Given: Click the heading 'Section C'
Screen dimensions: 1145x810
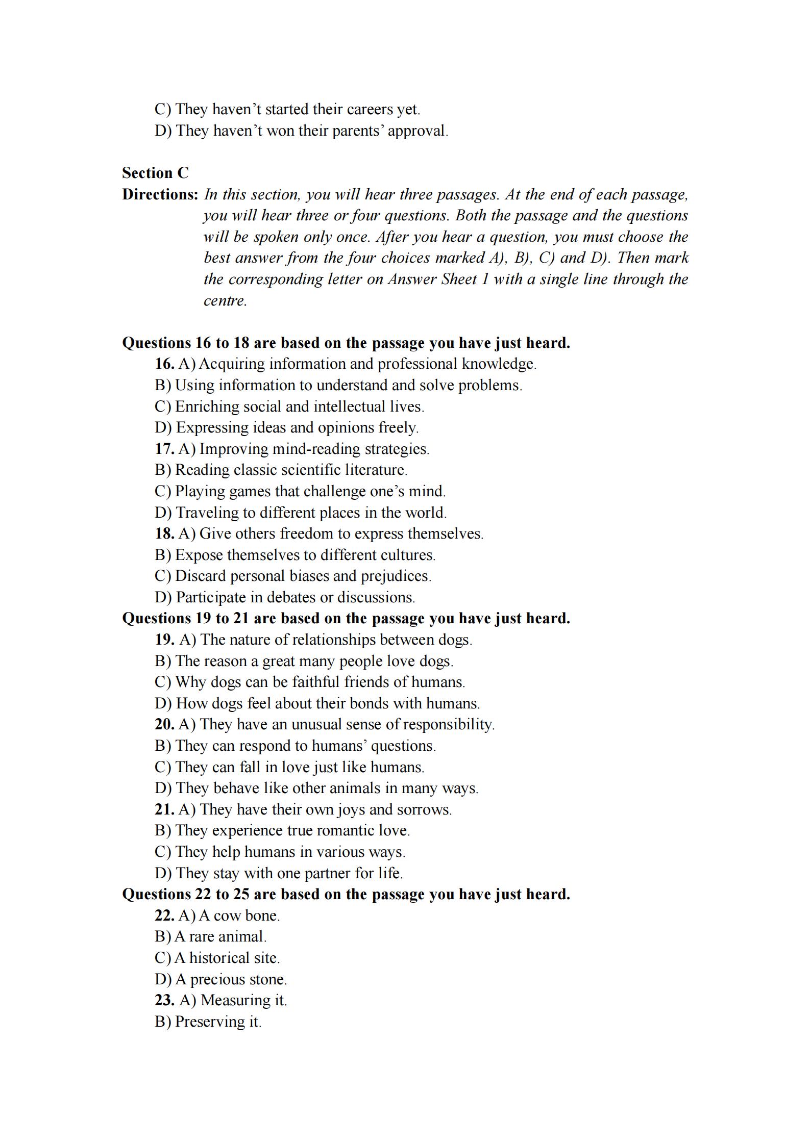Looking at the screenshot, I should point(155,173).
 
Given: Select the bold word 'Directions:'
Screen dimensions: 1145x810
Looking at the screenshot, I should point(160,195).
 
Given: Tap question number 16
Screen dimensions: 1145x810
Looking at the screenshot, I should point(164,364).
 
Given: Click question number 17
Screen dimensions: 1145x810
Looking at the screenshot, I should point(164,449).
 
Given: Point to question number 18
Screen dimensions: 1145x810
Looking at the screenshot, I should point(164,534).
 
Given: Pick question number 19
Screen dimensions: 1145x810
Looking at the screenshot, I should point(164,640).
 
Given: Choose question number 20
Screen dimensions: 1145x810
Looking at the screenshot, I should point(164,725).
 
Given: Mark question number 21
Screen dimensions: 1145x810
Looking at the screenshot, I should point(164,810).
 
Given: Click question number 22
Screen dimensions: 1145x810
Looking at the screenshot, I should point(164,916).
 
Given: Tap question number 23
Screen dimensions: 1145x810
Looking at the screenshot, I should point(164,1001).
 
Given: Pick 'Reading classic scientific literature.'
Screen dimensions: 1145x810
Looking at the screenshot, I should point(281,470).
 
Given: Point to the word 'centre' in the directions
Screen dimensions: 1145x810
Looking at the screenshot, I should point(224,301).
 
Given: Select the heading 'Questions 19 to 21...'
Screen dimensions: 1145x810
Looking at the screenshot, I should point(346,619).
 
